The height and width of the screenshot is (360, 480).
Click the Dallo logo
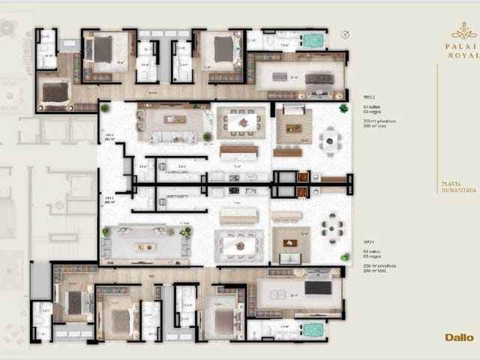point(459,337)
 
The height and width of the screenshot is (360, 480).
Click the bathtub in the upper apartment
point(313,40)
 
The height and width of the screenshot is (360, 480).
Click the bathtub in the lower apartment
point(313,329)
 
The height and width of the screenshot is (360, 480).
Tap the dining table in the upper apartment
point(241,121)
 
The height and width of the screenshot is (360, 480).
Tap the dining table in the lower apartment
point(239,244)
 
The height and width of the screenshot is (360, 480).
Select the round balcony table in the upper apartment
point(331,139)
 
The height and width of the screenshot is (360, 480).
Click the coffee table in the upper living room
point(175,120)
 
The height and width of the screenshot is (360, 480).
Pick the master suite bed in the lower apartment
point(317,287)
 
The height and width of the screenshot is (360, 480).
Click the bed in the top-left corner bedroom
point(54,91)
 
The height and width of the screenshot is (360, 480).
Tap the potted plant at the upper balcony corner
point(343,108)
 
